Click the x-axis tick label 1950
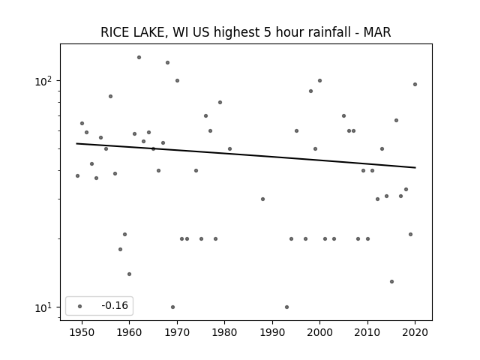click(82, 332)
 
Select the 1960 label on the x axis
click(129, 332)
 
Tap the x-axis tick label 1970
click(177, 332)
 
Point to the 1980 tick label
click(224, 332)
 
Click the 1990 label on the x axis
click(272, 332)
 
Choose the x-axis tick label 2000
click(320, 332)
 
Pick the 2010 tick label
click(367, 332)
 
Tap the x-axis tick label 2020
click(415, 332)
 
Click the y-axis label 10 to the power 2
click(43, 81)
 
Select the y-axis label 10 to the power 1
click(43, 307)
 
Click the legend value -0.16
click(115, 305)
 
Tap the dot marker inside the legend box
click(80, 306)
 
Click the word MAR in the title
click(377, 32)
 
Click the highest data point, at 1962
click(139, 57)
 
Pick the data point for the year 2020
click(415, 85)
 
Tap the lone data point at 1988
click(262, 199)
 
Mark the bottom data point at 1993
click(286, 307)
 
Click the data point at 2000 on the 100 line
click(320, 81)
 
